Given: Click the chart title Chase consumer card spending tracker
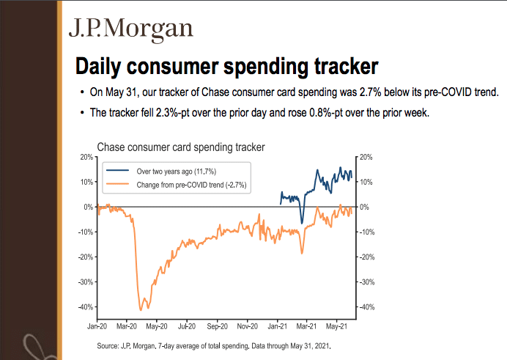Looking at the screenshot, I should point(180,147).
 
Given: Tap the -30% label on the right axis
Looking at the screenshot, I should point(368,282).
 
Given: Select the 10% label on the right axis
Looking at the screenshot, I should point(366,183).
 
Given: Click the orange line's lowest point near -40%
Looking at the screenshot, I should point(141,309).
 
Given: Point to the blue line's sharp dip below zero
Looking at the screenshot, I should point(301,222).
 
